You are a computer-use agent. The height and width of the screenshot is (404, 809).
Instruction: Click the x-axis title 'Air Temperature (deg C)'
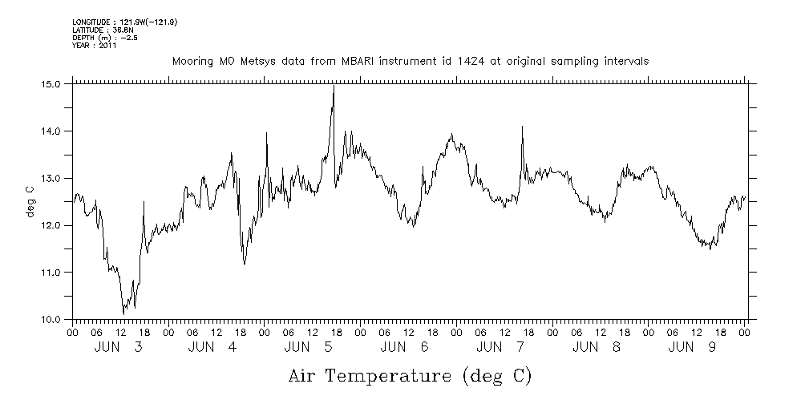(x=410, y=375)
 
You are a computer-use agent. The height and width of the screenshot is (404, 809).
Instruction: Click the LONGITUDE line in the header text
(x=124, y=22)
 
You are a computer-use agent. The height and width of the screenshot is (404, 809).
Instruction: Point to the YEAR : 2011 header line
(x=95, y=46)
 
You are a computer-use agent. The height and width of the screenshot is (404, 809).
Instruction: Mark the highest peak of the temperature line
(x=334, y=86)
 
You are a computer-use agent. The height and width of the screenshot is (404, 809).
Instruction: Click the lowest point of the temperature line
(x=123, y=313)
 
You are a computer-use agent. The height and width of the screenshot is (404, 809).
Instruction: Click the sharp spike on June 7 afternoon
(x=522, y=127)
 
